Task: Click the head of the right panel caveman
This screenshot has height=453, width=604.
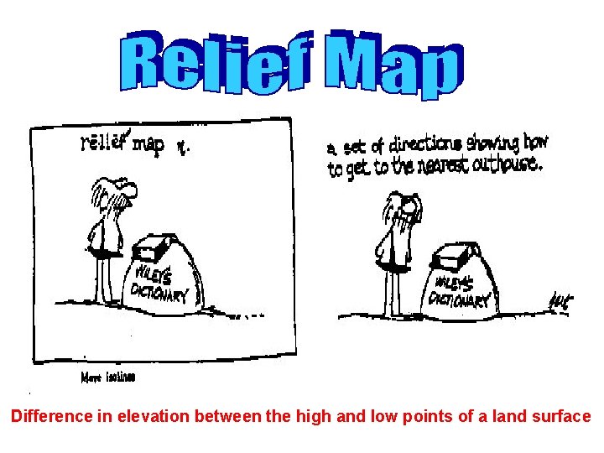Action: coord(402,204)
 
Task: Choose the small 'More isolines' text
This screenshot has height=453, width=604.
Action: coord(108,377)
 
